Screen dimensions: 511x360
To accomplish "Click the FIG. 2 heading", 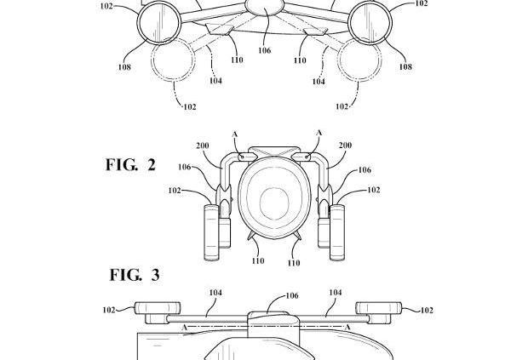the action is point(130,164).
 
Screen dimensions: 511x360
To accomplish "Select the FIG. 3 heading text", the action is point(135,275).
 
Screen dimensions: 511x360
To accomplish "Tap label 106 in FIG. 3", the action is point(292,295).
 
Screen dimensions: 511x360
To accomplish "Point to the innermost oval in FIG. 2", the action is point(274,203).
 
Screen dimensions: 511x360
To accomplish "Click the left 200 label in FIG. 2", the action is point(203,146).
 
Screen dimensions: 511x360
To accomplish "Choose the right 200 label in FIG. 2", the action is point(345,145).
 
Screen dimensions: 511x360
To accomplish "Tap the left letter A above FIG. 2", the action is point(235,134).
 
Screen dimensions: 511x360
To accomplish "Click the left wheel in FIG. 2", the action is point(211,232).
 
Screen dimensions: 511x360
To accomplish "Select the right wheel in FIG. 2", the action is point(337,232).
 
